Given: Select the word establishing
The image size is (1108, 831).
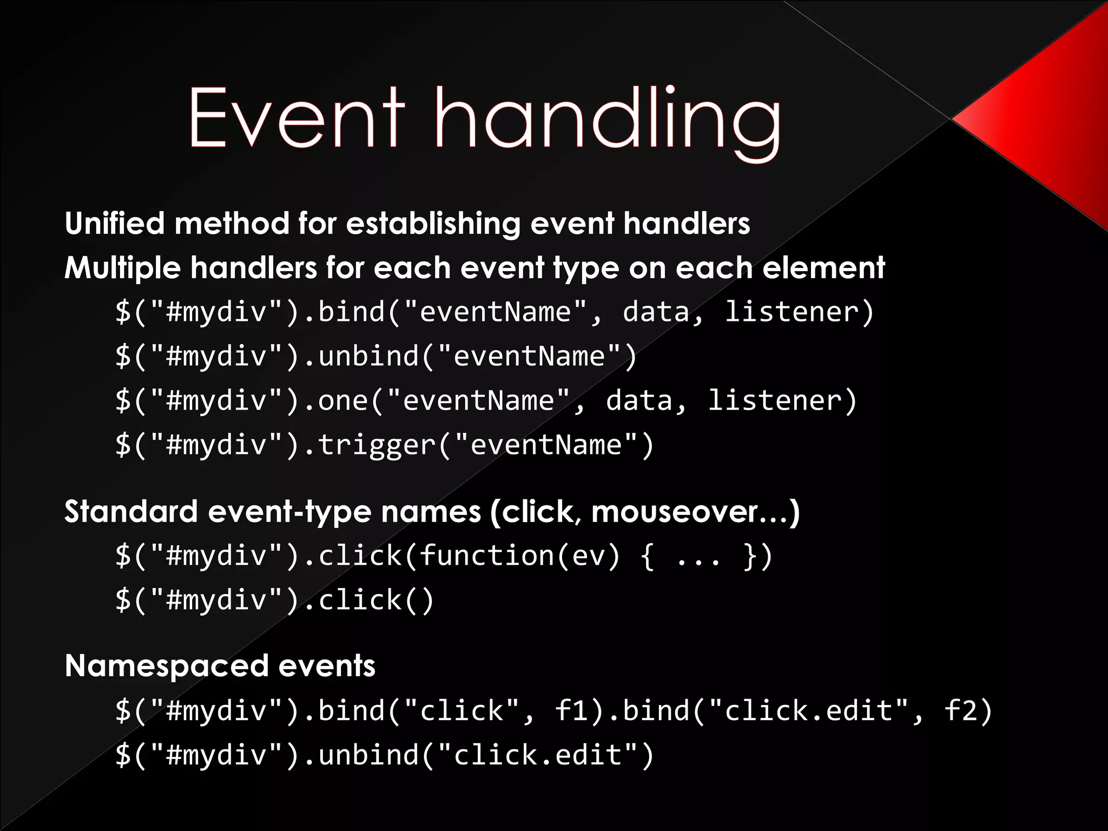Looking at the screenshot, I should point(433,224).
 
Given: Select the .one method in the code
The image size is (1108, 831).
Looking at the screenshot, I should point(335,400).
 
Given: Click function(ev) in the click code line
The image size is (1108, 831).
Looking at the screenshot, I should point(519,556).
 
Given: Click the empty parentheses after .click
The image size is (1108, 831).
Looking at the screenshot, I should point(418,601).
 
